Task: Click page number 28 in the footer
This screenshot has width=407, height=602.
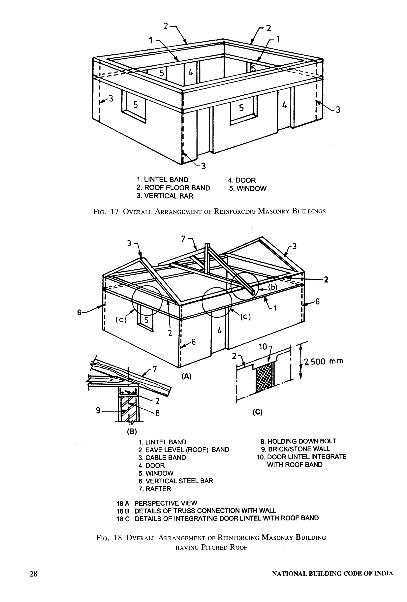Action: (33, 574)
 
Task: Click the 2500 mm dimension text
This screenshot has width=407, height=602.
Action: (323, 361)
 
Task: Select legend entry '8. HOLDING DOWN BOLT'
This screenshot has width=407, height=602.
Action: (298, 441)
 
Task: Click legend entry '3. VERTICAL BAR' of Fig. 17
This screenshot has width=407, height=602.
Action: (165, 196)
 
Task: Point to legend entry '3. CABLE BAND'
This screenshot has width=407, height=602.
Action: (162, 458)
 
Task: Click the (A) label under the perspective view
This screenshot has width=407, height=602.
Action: (186, 376)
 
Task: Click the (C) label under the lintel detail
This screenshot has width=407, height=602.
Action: (258, 412)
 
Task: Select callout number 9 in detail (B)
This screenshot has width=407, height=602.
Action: (98, 410)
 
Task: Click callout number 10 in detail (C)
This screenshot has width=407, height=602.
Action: (263, 347)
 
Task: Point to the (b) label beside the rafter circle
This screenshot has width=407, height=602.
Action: (272, 287)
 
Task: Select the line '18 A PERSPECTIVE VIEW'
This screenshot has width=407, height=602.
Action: (157, 503)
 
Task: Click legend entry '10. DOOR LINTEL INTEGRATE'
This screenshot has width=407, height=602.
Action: (301, 457)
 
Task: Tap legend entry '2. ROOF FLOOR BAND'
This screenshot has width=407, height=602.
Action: (173, 188)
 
